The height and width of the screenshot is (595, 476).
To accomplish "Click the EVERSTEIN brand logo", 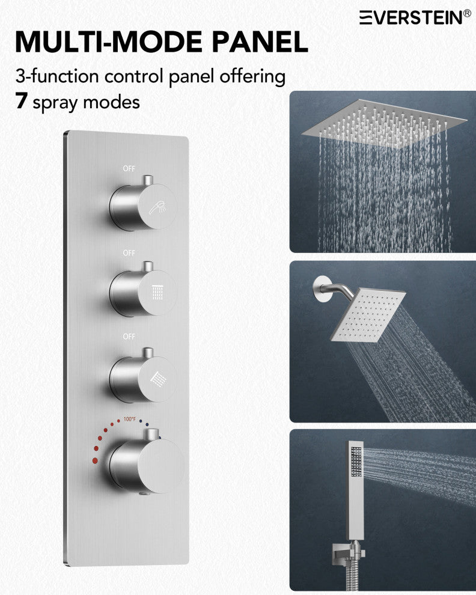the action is click(x=415, y=17).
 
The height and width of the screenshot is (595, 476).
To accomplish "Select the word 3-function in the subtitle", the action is click(x=57, y=76).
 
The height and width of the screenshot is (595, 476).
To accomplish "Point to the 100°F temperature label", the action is click(x=129, y=419).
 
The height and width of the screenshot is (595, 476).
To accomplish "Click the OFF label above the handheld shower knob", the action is click(x=129, y=168).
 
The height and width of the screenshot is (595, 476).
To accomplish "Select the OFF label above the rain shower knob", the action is click(x=129, y=252).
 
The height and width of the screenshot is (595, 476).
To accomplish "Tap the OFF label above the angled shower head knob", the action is click(x=129, y=337).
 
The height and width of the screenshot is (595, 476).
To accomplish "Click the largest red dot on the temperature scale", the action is click(x=95, y=460).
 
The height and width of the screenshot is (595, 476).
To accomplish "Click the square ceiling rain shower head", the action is click(x=384, y=123).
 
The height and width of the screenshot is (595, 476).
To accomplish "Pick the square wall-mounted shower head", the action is click(x=368, y=315).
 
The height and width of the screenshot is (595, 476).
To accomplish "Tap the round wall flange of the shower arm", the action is click(x=320, y=289).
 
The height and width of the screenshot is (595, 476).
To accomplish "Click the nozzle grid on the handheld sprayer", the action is click(x=356, y=462).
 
